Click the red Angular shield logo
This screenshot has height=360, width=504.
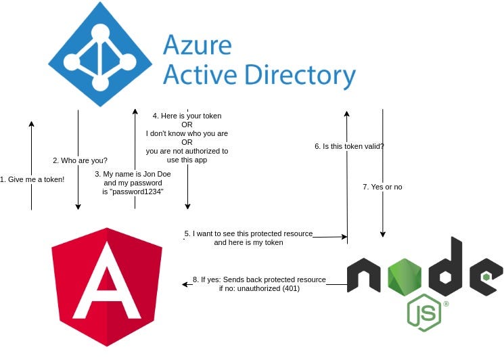(107, 292)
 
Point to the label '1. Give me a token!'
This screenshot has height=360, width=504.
(32, 179)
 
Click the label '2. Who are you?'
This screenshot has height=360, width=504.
(80, 160)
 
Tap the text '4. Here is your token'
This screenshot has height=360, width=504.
(187, 116)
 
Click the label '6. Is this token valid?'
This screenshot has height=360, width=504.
(350, 146)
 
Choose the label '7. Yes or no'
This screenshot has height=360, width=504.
(382, 186)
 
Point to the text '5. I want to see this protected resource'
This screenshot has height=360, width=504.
(249, 233)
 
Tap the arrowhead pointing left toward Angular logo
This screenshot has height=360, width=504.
(186, 284)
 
